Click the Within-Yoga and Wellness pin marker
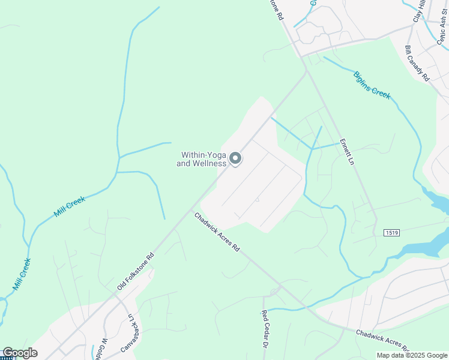[x=235, y=158]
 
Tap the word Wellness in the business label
[x=210, y=163]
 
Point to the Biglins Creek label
[x=372, y=85]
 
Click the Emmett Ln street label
[x=346, y=151]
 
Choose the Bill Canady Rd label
[x=418, y=64]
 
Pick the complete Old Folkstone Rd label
[x=136, y=271]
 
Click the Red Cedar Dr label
[x=265, y=330]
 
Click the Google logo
[x=19, y=353]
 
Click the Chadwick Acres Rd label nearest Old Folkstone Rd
[x=217, y=232]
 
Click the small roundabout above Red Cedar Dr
[x=275, y=292]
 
